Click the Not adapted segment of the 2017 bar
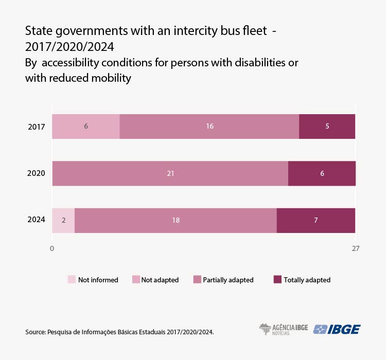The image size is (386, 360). coord(86,127)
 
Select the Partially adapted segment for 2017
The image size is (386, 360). coord(209,127)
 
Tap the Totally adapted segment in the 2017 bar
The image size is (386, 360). coord(327,127)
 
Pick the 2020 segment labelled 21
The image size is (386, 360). coord(170,173)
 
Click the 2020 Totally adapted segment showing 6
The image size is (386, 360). coord(322,173)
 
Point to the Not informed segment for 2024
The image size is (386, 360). coord(63,221)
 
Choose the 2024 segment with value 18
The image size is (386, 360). coord(176,221)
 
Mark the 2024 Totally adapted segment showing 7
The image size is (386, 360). coord(316,221)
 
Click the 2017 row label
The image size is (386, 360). coord(36,127)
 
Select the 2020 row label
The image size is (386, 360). coord(36,173)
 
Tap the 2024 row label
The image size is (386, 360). coord(36,220)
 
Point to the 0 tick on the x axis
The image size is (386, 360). coord(52,249)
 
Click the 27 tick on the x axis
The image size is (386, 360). coord(355,249)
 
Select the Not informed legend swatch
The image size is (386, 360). coord(72,280)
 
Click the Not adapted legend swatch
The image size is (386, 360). coord(136,280)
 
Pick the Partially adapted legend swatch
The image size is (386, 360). coord(197,280)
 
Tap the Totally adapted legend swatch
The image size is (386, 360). coord(277,280)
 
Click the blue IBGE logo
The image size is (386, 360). coord(337,330)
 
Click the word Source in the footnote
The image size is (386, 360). coord(34,332)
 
